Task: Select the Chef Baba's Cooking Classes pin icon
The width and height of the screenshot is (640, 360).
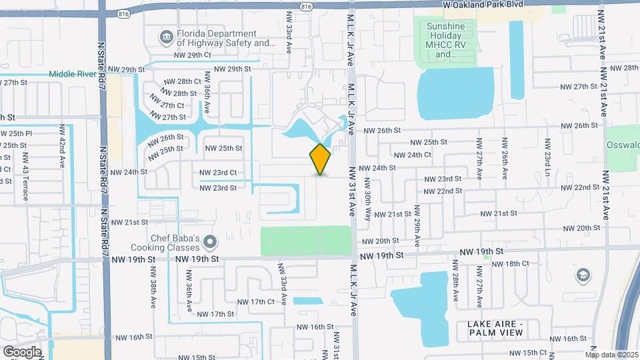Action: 211,241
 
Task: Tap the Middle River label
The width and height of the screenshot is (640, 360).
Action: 73,74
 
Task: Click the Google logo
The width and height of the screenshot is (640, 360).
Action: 21,351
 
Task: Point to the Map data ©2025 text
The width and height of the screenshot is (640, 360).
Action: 613,355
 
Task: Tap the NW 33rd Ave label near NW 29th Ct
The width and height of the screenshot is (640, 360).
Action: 289,40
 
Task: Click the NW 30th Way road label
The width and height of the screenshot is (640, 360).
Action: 367,196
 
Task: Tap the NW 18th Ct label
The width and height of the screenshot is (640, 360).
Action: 510,263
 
